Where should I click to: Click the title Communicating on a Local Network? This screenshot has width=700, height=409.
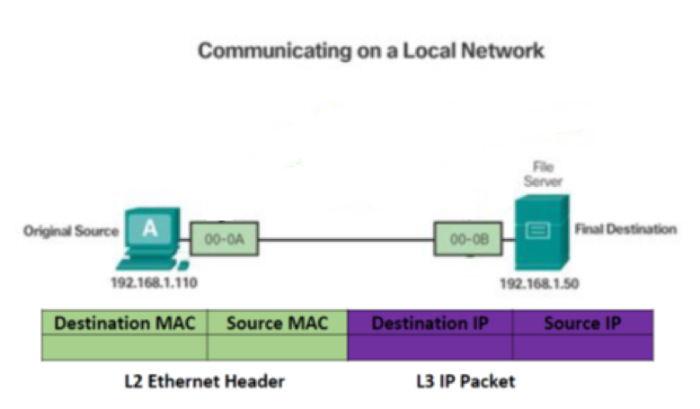click(370, 50)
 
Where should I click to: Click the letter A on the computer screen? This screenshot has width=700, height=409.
click(150, 228)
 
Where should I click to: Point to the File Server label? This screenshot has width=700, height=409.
click(542, 173)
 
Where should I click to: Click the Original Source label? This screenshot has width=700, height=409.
click(71, 231)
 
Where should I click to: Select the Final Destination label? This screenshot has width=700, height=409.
click(625, 229)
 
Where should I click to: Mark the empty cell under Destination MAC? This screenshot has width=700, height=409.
click(124, 347)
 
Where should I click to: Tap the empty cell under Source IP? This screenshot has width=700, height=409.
click(583, 347)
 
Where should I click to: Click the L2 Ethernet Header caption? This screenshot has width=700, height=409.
click(204, 381)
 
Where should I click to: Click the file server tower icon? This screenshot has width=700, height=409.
click(539, 230)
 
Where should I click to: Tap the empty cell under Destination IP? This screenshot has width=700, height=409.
click(430, 347)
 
